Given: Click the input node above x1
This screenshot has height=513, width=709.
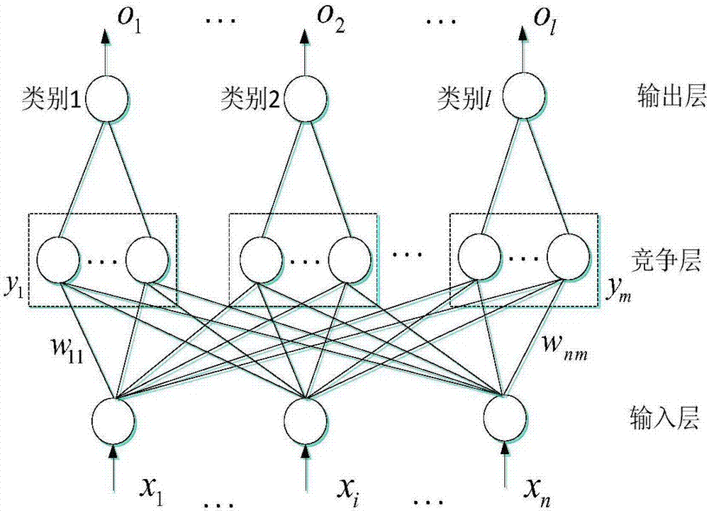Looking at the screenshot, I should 113,419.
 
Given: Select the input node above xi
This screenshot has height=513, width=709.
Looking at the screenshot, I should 306,419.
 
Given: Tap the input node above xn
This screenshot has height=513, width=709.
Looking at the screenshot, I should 504,419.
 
